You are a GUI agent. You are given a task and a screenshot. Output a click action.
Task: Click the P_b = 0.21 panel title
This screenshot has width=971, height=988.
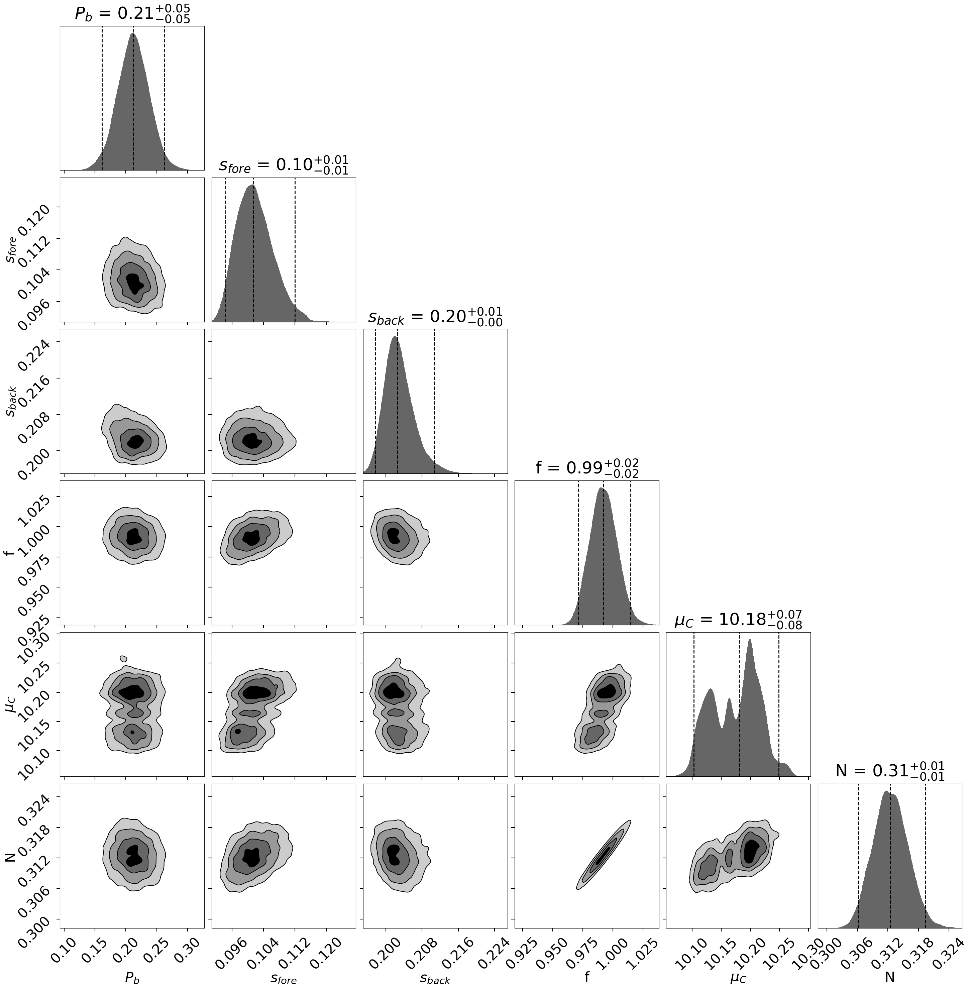(x=133, y=14)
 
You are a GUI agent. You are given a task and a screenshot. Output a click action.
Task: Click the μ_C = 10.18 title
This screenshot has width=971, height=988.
(x=738, y=620)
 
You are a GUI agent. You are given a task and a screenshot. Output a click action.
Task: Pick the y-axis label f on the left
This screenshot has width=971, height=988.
(x=9, y=552)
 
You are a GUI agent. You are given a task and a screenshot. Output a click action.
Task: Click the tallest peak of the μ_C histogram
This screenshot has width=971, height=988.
(x=750, y=641)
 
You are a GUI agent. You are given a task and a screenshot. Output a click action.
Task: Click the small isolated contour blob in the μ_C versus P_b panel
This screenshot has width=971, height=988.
(x=123, y=658)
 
